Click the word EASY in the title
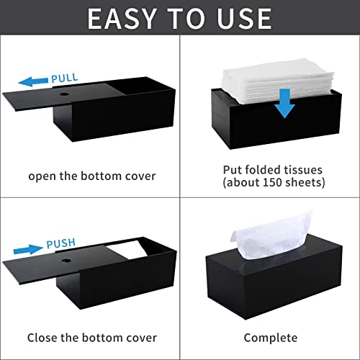coord(122,19)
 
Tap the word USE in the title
coord(244,19)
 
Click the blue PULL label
coord(65,78)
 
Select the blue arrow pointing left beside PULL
coord(33,82)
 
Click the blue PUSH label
coord(61,243)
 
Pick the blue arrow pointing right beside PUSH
coord(28,250)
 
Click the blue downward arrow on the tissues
coord(285,103)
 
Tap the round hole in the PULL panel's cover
coord(63,94)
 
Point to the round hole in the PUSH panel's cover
coord(66,261)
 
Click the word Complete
coord(271,338)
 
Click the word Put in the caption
coord(232,170)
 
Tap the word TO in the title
coord(186,19)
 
